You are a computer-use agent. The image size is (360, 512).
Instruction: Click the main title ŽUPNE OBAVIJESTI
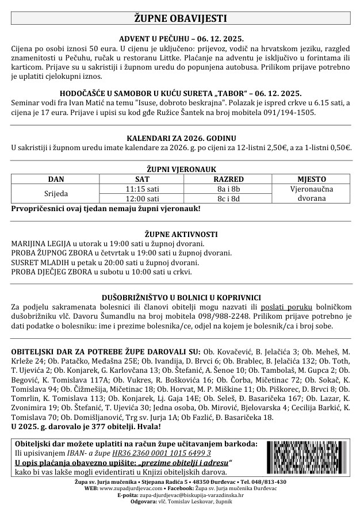[180, 19]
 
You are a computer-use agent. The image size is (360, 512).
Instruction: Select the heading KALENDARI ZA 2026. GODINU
[180, 139]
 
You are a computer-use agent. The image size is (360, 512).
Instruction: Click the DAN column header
[56, 179]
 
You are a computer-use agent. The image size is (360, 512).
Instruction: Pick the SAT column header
[142, 179]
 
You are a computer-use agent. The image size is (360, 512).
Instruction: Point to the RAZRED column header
[228, 179]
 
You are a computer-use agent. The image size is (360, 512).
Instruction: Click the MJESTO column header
[312, 179]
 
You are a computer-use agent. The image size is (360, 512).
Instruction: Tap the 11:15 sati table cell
[142, 189]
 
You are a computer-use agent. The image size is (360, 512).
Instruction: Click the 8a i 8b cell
[228, 189]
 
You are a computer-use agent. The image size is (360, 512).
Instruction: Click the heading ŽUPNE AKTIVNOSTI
[180, 235]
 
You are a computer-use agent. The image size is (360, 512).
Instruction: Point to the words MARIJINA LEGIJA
[40, 244]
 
